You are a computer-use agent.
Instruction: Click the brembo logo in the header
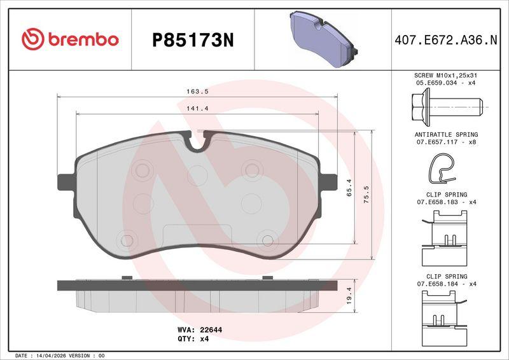[70, 39]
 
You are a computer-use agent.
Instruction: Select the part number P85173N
[193, 41]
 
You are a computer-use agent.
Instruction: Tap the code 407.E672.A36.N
[446, 40]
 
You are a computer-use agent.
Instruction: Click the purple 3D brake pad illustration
[323, 39]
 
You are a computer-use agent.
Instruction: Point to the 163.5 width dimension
[197, 92]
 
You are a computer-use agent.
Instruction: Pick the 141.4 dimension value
[197, 109]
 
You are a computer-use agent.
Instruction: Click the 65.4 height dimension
[349, 188]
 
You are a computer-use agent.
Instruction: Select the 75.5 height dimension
[366, 195]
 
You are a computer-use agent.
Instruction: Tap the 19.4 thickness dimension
[349, 295]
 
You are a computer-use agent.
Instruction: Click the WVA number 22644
[211, 330]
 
